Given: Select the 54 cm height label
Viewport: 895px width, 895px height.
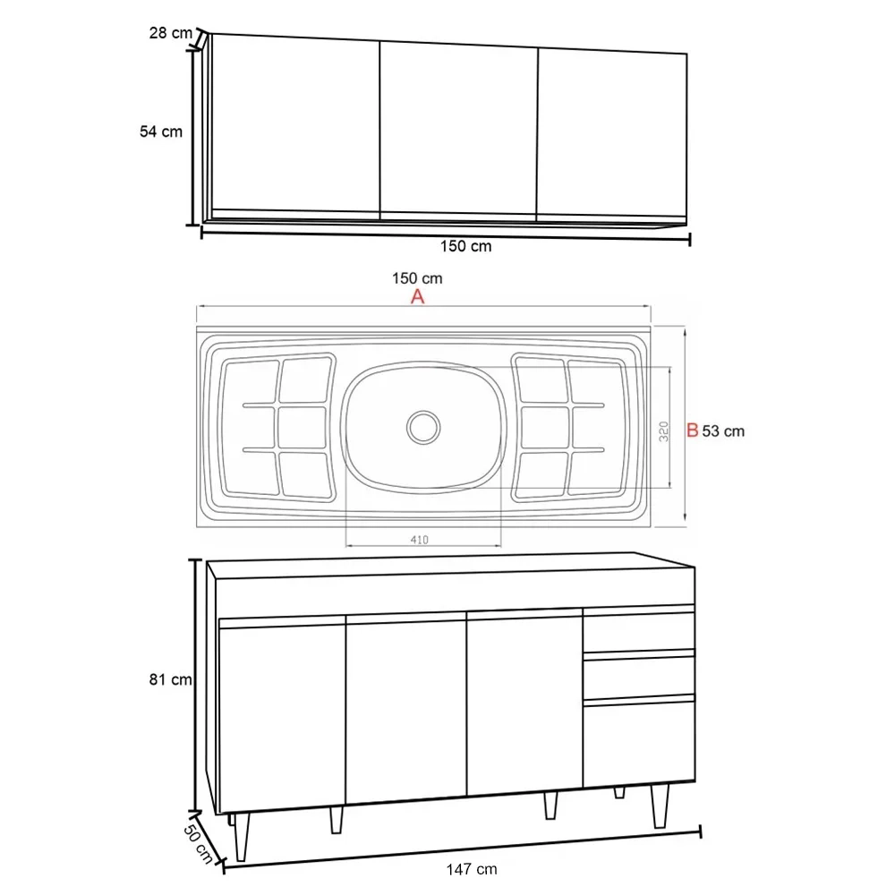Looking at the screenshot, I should pyautogui.click(x=161, y=132).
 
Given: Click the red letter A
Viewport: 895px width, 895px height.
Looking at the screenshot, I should pyautogui.click(x=417, y=298).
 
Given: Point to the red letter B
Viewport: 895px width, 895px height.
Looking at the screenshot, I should pyautogui.click(x=691, y=430).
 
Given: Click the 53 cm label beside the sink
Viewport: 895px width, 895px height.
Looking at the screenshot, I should pyautogui.click(x=723, y=431).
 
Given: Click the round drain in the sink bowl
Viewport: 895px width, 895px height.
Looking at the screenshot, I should pyautogui.click(x=422, y=425).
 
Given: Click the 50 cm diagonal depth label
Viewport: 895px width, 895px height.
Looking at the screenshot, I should pyautogui.click(x=200, y=838).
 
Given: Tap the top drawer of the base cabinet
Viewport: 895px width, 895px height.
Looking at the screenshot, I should pyautogui.click(x=638, y=632).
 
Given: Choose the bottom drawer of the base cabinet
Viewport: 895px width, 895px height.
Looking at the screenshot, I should pyautogui.click(x=638, y=743).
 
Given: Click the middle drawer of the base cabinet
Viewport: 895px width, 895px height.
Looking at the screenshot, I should pyautogui.click(x=638, y=676).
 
